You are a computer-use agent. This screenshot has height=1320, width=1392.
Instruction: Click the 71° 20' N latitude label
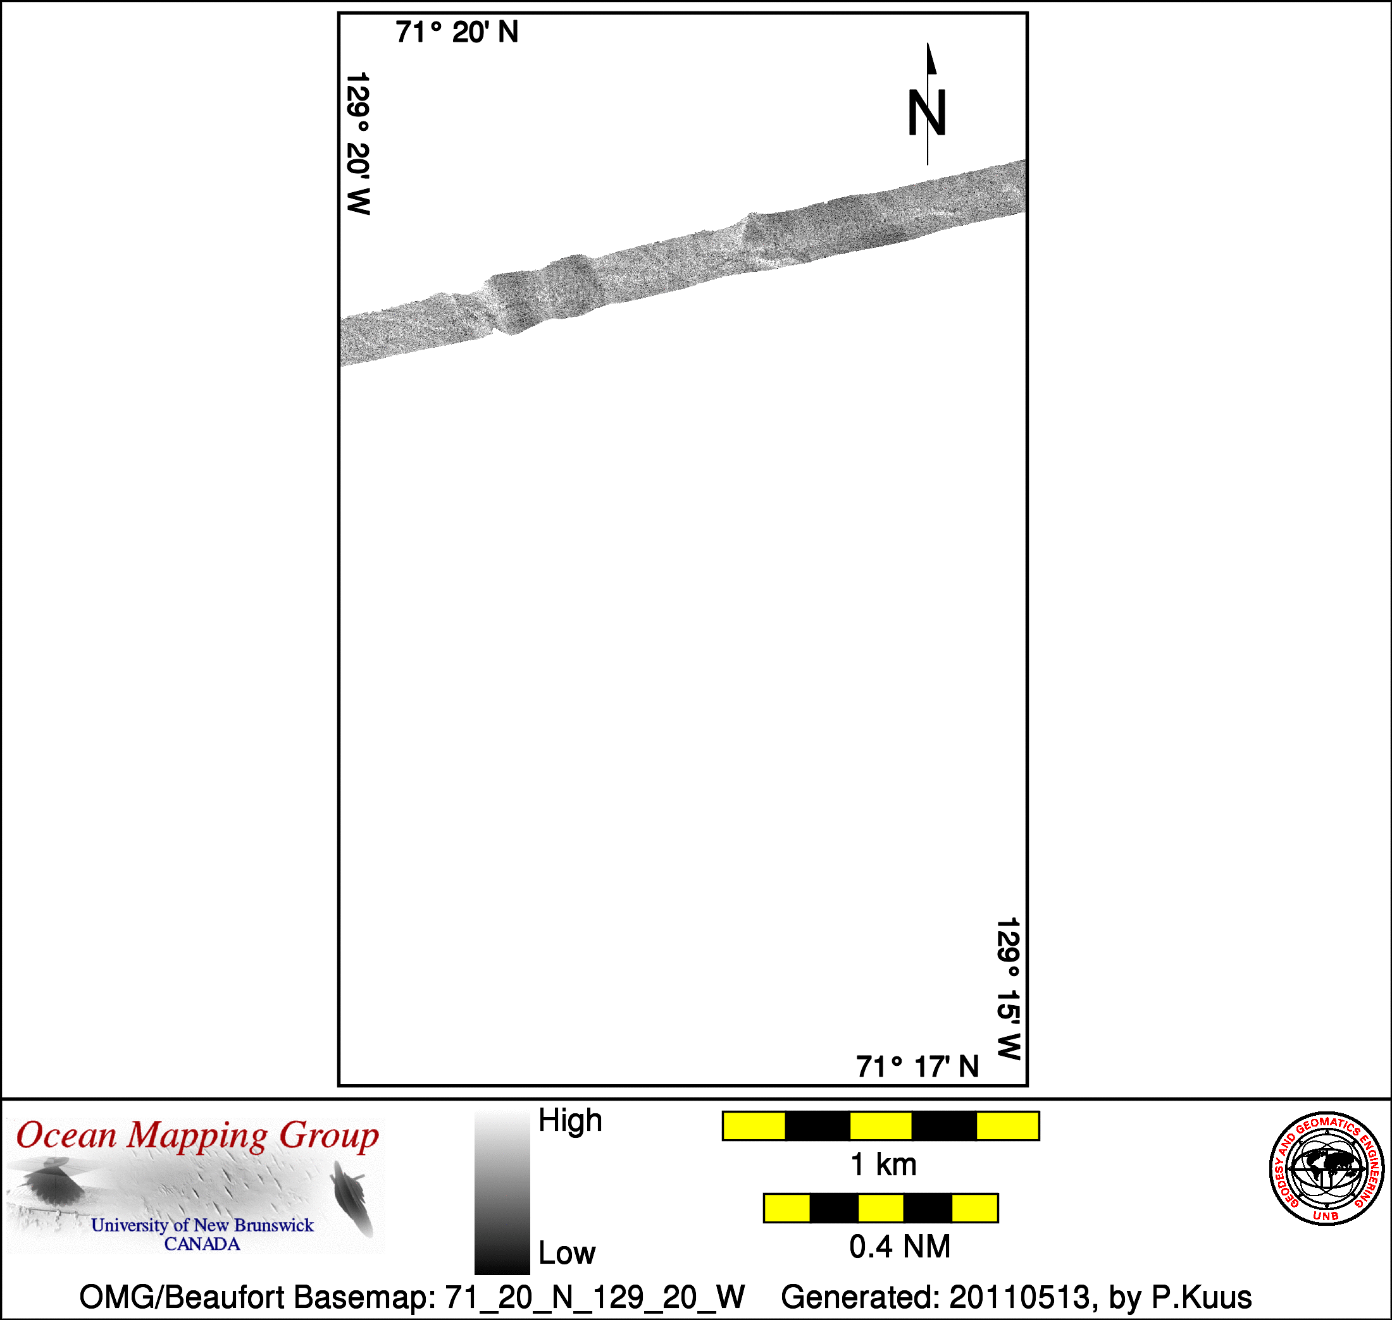(x=456, y=32)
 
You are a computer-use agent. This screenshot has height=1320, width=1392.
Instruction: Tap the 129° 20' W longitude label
(x=358, y=143)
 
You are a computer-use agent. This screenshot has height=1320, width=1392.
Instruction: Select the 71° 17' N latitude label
(x=917, y=1067)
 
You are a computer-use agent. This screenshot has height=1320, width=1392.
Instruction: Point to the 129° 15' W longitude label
(x=1009, y=989)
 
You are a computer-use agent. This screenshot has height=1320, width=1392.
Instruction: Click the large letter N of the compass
(x=926, y=113)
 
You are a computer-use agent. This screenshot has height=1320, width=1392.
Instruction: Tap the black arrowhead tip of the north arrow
(x=928, y=44)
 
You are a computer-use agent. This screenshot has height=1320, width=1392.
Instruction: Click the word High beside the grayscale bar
(x=570, y=1120)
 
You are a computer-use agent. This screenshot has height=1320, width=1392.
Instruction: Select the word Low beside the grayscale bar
(x=567, y=1253)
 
